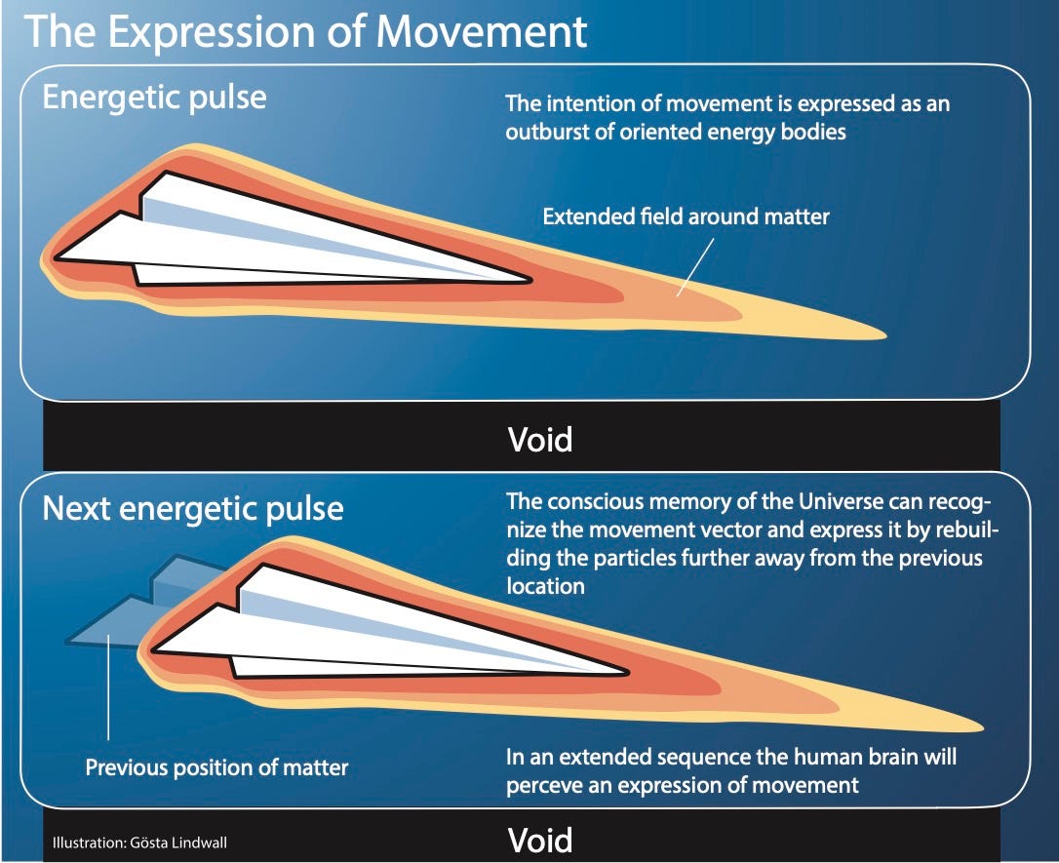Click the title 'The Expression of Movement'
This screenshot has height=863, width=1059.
(x=305, y=31)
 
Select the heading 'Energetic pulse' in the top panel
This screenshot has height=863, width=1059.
(x=154, y=98)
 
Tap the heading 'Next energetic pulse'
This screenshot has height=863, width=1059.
(x=193, y=508)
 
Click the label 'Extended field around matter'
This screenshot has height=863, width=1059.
(x=686, y=216)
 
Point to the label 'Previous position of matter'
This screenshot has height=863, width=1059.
(x=216, y=767)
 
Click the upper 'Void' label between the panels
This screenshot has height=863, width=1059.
(x=539, y=440)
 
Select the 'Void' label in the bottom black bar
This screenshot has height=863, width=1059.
(x=539, y=841)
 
